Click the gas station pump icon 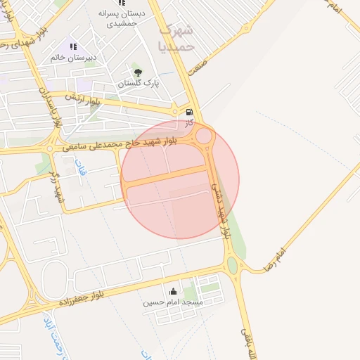[x=188, y=112]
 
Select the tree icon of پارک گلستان [x=137, y=72]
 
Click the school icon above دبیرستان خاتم [x=73, y=46]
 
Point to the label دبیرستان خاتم [x=73, y=57]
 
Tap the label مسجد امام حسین [x=174, y=302]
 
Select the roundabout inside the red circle [x=205, y=136]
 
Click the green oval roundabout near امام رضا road [x=232, y=265]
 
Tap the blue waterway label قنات [x=79, y=166]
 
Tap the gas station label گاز [x=188, y=123]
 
